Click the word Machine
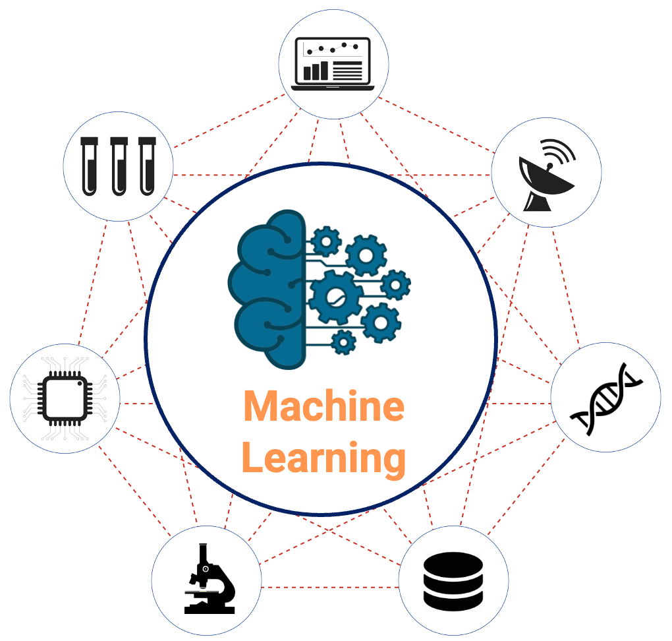(x=323, y=406)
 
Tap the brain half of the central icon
(x=267, y=290)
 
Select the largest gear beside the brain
(x=335, y=296)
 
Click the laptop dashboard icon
(x=333, y=63)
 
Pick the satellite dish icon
(x=543, y=175)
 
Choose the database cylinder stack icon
(x=453, y=580)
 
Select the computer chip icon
(x=65, y=397)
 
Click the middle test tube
(x=119, y=165)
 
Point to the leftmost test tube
(x=90, y=165)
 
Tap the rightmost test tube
(x=147, y=165)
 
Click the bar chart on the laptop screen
(x=316, y=70)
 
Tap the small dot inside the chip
(x=78, y=382)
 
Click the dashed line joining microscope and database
(x=329, y=586)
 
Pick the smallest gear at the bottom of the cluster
(x=343, y=342)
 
